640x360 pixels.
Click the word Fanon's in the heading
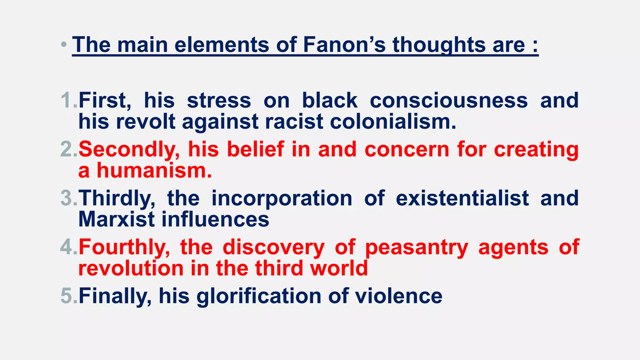click(x=344, y=45)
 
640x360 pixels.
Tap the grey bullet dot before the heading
click(x=64, y=45)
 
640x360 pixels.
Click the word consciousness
click(x=449, y=101)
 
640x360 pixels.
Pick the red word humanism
click(x=154, y=171)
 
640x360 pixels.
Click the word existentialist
click(x=462, y=198)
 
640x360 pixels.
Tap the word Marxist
click(x=117, y=219)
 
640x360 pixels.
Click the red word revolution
click(x=131, y=268)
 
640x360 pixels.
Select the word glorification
click(x=259, y=296)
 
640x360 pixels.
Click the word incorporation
click(x=282, y=198)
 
